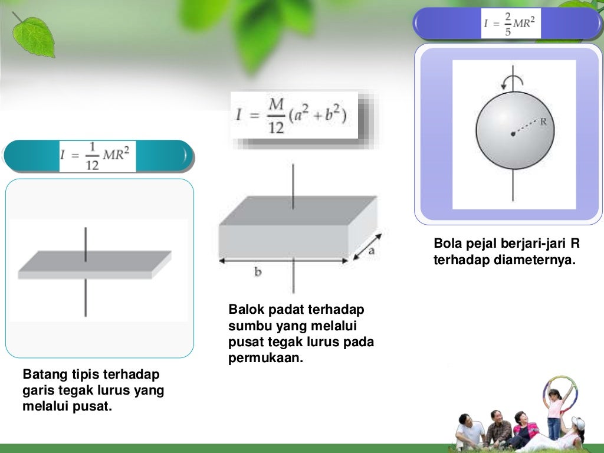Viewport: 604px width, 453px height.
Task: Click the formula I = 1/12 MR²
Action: [x=97, y=156]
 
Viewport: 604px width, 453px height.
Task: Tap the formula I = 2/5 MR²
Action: [x=511, y=23]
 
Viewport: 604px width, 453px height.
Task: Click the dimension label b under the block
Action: [x=258, y=272]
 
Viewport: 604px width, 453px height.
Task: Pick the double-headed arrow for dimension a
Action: [x=367, y=246]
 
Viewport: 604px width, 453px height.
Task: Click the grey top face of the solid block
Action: [x=298, y=210]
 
